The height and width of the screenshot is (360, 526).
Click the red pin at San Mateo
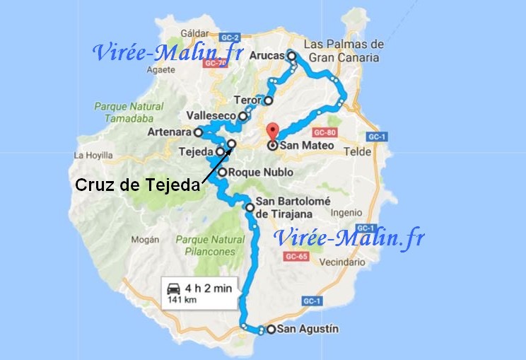point(272,133)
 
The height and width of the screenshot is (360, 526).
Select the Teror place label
point(247,100)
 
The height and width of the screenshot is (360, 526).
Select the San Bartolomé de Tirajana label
point(292,207)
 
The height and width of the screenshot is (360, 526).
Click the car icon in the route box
point(173,289)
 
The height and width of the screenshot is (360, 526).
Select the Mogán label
point(144,240)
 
